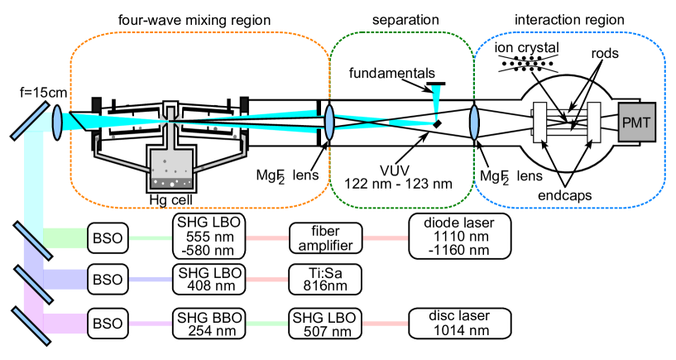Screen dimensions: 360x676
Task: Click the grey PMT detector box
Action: [x=636, y=124]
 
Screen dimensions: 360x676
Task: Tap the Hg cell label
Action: [x=171, y=199]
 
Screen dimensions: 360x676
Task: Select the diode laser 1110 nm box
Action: [x=460, y=237]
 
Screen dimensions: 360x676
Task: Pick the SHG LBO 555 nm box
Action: [x=209, y=237]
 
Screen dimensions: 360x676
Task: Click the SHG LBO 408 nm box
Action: [x=209, y=280]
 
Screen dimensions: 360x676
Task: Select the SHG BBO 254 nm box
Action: [x=209, y=323]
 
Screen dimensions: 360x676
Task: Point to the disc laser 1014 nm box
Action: [x=460, y=323]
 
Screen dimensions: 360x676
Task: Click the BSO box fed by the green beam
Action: [x=107, y=238]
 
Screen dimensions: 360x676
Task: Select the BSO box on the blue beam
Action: [x=107, y=280]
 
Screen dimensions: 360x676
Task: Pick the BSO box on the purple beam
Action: [x=107, y=323]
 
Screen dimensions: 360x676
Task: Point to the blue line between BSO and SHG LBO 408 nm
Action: [x=149, y=280]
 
